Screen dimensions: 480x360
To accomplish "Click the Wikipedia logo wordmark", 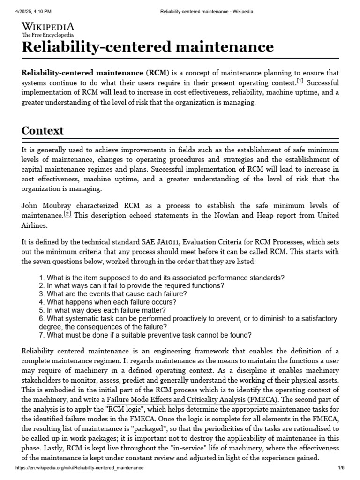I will point(48,27).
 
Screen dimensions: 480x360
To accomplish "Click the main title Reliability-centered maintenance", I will point(148,47).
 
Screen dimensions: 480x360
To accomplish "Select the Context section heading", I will point(43,130).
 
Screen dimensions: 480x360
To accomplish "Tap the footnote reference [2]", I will point(67,214).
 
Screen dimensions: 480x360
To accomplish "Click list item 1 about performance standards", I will point(162,277).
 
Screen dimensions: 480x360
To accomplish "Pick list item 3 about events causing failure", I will point(113,294).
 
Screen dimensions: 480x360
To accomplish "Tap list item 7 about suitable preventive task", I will point(145,335).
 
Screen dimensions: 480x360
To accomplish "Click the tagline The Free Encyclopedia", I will point(48,35).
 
